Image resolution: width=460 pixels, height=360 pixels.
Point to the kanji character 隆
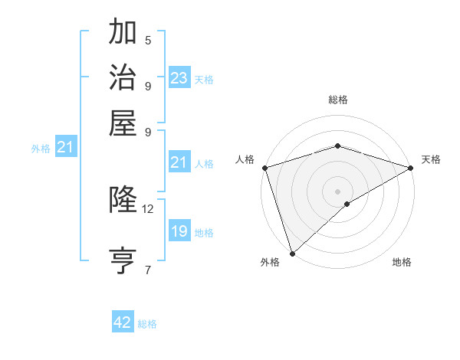click(x=123, y=199)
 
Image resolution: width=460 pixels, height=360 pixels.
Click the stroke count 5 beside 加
click(x=148, y=41)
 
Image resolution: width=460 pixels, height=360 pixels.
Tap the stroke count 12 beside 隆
click(x=148, y=208)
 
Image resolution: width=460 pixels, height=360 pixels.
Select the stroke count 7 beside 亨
click(x=148, y=269)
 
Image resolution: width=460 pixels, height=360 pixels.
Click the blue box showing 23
click(x=179, y=77)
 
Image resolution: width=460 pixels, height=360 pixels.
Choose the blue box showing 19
click(x=179, y=231)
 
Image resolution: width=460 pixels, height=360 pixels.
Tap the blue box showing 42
click(x=123, y=322)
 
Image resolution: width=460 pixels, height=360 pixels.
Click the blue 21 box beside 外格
click(x=64, y=148)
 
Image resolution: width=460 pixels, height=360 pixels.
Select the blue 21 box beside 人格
click(x=179, y=162)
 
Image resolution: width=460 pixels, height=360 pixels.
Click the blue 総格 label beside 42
click(x=147, y=324)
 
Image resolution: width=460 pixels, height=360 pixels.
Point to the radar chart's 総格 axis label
click(x=337, y=100)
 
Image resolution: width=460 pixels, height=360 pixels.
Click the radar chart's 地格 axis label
click(x=402, y=263)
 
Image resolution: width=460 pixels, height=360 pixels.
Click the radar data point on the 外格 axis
click(x=292, y=254)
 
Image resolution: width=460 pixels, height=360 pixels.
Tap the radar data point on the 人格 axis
click(x=264, y=168)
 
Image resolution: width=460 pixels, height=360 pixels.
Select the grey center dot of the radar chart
click(x=337, y=191)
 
